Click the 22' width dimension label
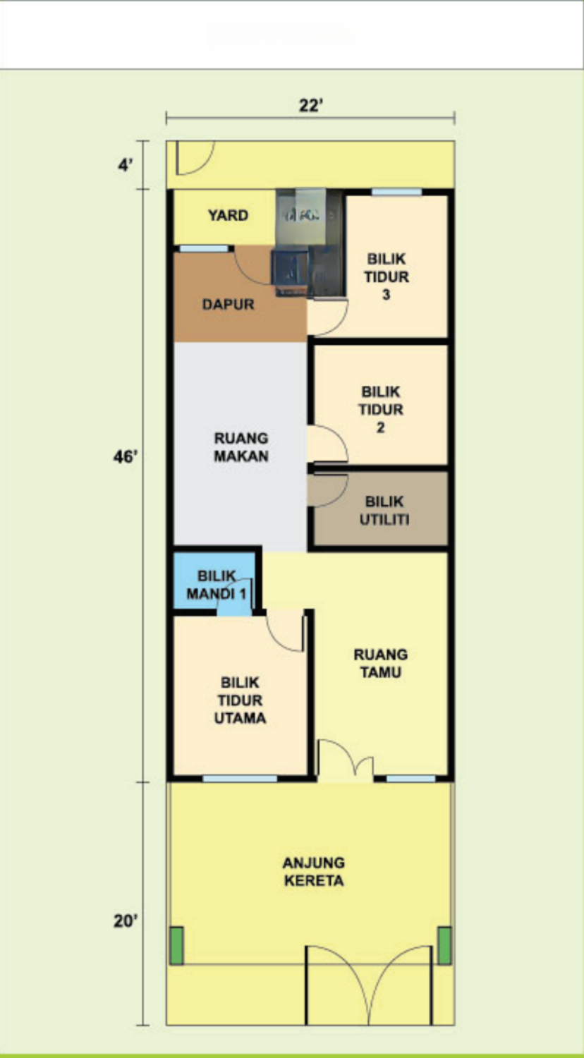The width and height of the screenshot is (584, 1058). coord(310,105)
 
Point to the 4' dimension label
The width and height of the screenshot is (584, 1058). coord(126,165)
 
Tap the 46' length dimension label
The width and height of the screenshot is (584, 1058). coord(126,457)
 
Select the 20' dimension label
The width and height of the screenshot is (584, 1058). coord(126,920)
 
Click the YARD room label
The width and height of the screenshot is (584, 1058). coord(229,215)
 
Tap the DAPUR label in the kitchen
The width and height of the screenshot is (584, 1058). coord(229,304)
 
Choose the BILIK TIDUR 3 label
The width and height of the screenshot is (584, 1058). coord(387,276)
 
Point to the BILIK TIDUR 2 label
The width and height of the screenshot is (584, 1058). coord(381,410)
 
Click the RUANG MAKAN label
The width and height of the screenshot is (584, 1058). coord(241,446)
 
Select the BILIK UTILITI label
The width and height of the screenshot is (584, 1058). coord(384,511)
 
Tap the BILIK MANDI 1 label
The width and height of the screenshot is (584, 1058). coord(217,585)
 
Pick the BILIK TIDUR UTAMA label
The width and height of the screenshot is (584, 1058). coord(240,700)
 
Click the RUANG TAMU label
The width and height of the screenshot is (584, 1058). coord(381,663)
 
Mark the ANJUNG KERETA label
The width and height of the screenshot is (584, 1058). coord(314,871)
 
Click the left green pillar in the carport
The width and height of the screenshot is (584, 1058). coord(177,946)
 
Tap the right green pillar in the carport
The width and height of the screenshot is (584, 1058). coord(444,946)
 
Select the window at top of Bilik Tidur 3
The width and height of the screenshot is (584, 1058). coord(396,193)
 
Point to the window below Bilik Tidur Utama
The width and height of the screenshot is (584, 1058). coord(240,779)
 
